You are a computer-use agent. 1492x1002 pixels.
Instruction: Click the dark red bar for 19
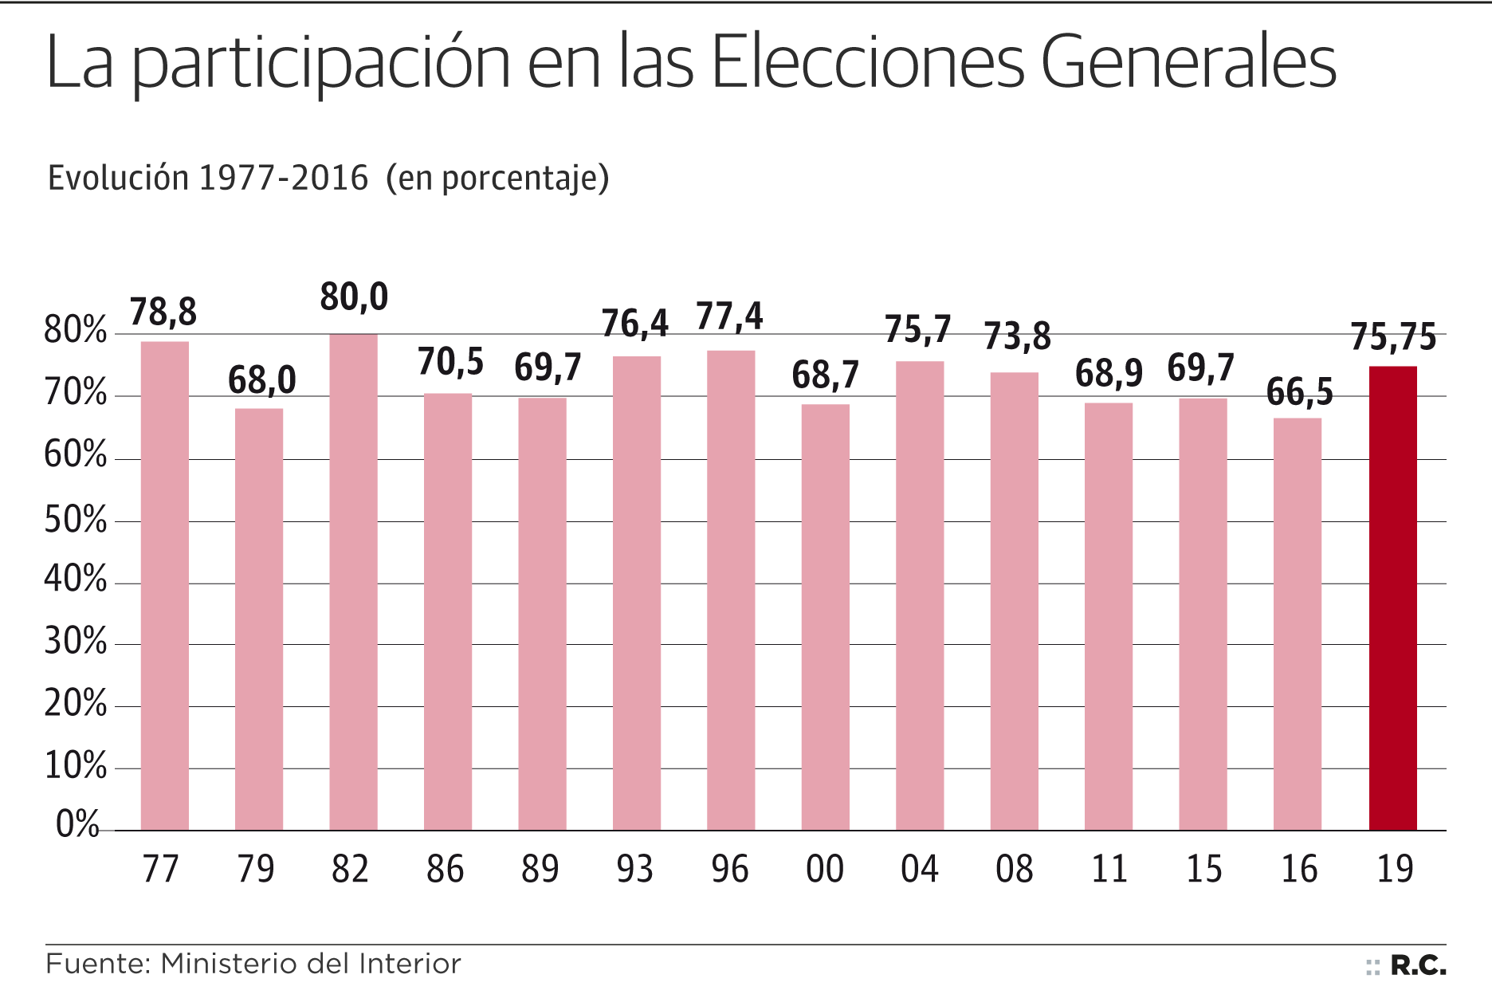(1392, 598)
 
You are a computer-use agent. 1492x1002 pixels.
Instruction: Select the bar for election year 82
(353, 582)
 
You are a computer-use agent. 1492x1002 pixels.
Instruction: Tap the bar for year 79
(259, 619)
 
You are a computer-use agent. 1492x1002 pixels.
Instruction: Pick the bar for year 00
(825, 617)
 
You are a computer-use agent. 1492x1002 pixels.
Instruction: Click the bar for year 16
(1297, 624)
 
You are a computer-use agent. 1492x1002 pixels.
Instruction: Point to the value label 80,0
(354, 297)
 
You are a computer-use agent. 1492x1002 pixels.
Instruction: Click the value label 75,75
(1392, 337)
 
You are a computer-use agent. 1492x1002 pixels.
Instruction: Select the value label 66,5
(1299, 392)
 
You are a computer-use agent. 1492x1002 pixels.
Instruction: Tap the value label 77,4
(729, 316)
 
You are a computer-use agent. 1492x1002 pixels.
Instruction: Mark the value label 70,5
(450, 362)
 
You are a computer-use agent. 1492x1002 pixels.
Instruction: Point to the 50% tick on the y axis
(75, 521)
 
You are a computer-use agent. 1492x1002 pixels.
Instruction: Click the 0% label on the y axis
(77, 824)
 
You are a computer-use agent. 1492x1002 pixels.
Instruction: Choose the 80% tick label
(75, 330)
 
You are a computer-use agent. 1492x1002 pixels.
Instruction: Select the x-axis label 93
(634, 869)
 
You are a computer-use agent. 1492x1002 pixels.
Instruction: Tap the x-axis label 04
(919, 869)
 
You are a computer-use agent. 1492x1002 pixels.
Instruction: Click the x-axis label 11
(1109, 869)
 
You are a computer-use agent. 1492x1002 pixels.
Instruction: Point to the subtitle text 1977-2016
(283, 178)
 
